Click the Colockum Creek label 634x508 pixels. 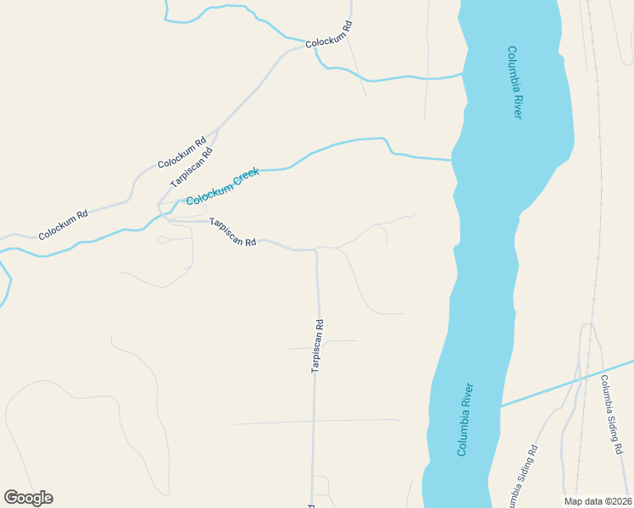point(222,186)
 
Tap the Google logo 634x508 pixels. point(28,498)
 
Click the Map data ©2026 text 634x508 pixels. point(598,501)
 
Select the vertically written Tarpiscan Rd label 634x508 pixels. point(317,345)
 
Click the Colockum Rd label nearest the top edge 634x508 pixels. point(328,33)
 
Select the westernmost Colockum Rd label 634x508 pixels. point(63,224)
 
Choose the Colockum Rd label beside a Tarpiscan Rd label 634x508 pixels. point(181,152)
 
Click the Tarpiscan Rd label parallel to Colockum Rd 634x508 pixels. point(191,167)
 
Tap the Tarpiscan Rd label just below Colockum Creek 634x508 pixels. point(233,232)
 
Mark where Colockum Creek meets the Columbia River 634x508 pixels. point(453,159)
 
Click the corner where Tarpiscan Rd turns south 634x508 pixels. point(316,250)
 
